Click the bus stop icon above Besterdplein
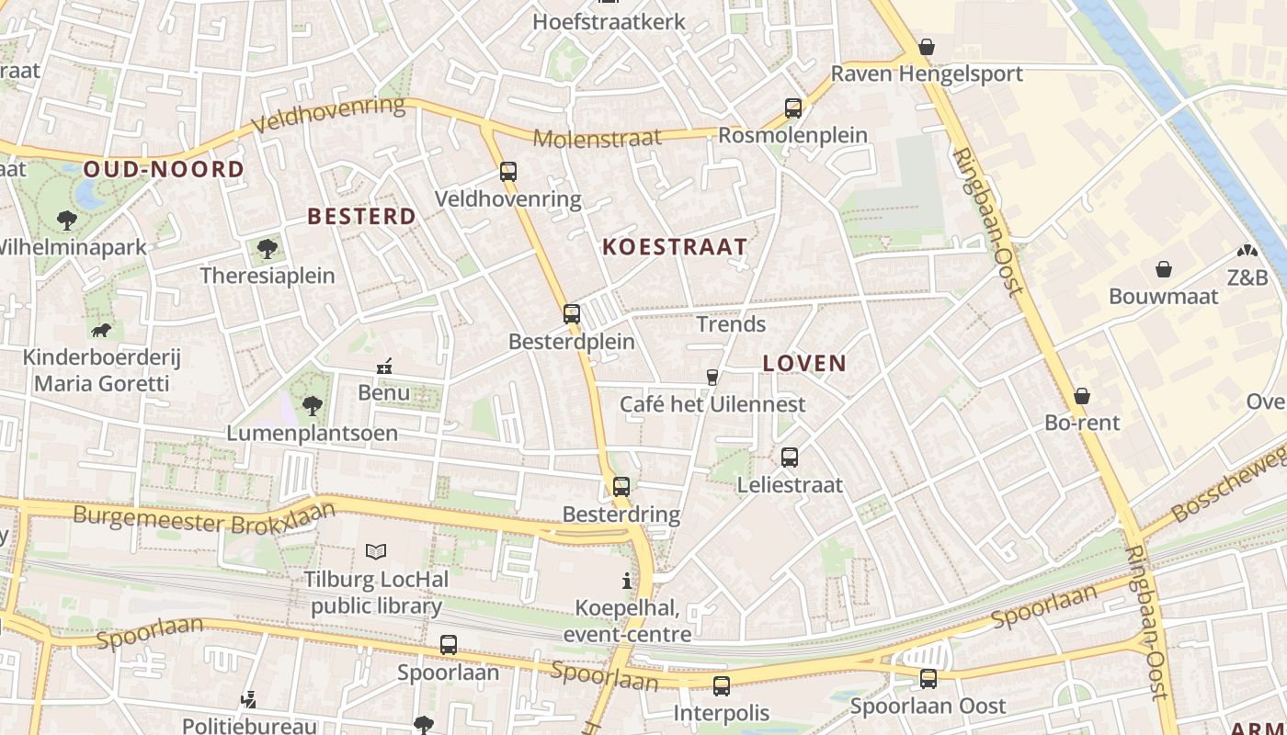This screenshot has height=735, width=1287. click(x=572, y=314)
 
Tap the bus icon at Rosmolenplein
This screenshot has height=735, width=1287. click(x=793, y=108)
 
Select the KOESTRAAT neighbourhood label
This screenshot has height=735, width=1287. click(x=675, y=247)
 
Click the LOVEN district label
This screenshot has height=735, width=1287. click(x=804, y=363)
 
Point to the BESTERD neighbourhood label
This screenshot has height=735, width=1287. click(x=361, y=217)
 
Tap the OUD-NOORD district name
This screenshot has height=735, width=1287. click(x=165, y=169)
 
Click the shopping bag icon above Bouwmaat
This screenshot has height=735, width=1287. click(x=1164, y=269)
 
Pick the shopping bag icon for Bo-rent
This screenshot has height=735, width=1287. click(x=1082, y=396)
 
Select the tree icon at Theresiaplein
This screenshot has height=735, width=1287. click(x=268, y=248)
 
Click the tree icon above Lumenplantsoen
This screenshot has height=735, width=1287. click(x=313, y=405)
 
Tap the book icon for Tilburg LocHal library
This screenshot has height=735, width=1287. click(x=376, y=551)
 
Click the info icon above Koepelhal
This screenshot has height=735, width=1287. click(x=627, y=581)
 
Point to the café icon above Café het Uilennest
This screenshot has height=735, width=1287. click(x=712, y=377)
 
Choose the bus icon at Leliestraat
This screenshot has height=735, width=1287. click(x=790, y=458)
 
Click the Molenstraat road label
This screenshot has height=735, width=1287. click(x=598, y=139)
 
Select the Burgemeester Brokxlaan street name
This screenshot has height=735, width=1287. click(x=204, y=518)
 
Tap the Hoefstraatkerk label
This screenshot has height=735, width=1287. click(x=609, y=21)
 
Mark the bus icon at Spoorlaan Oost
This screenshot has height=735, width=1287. click(x=928, y=679)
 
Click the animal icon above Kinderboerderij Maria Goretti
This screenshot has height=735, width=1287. click(x=101, y=330)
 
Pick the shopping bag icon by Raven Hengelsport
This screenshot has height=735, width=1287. click(x=927, y=47)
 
